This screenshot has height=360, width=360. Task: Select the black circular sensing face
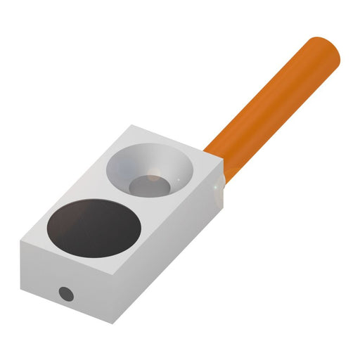91,226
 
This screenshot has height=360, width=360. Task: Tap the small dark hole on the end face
65,292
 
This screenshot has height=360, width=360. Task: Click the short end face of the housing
63,281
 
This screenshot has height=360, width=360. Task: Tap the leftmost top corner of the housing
22,240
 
